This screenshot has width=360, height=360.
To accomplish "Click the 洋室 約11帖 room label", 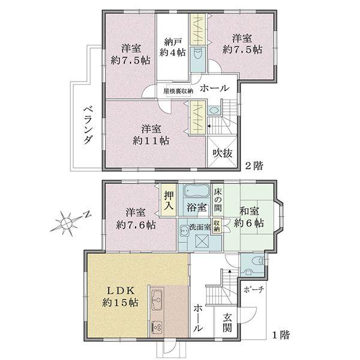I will (x=151, y=134).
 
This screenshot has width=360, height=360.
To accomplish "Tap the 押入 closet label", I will (x=168, y=200).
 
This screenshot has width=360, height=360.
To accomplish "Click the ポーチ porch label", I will (x=253, y=289).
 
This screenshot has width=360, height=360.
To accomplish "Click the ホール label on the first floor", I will (x=198, y=318).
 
